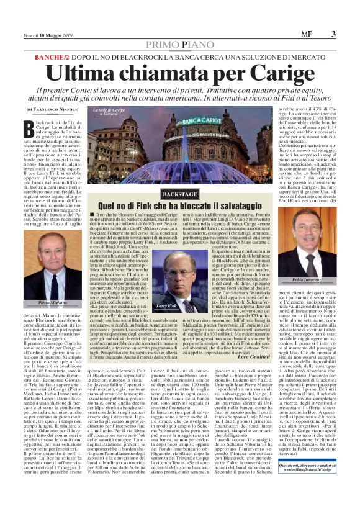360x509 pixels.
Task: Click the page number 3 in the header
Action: point(333,34)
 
